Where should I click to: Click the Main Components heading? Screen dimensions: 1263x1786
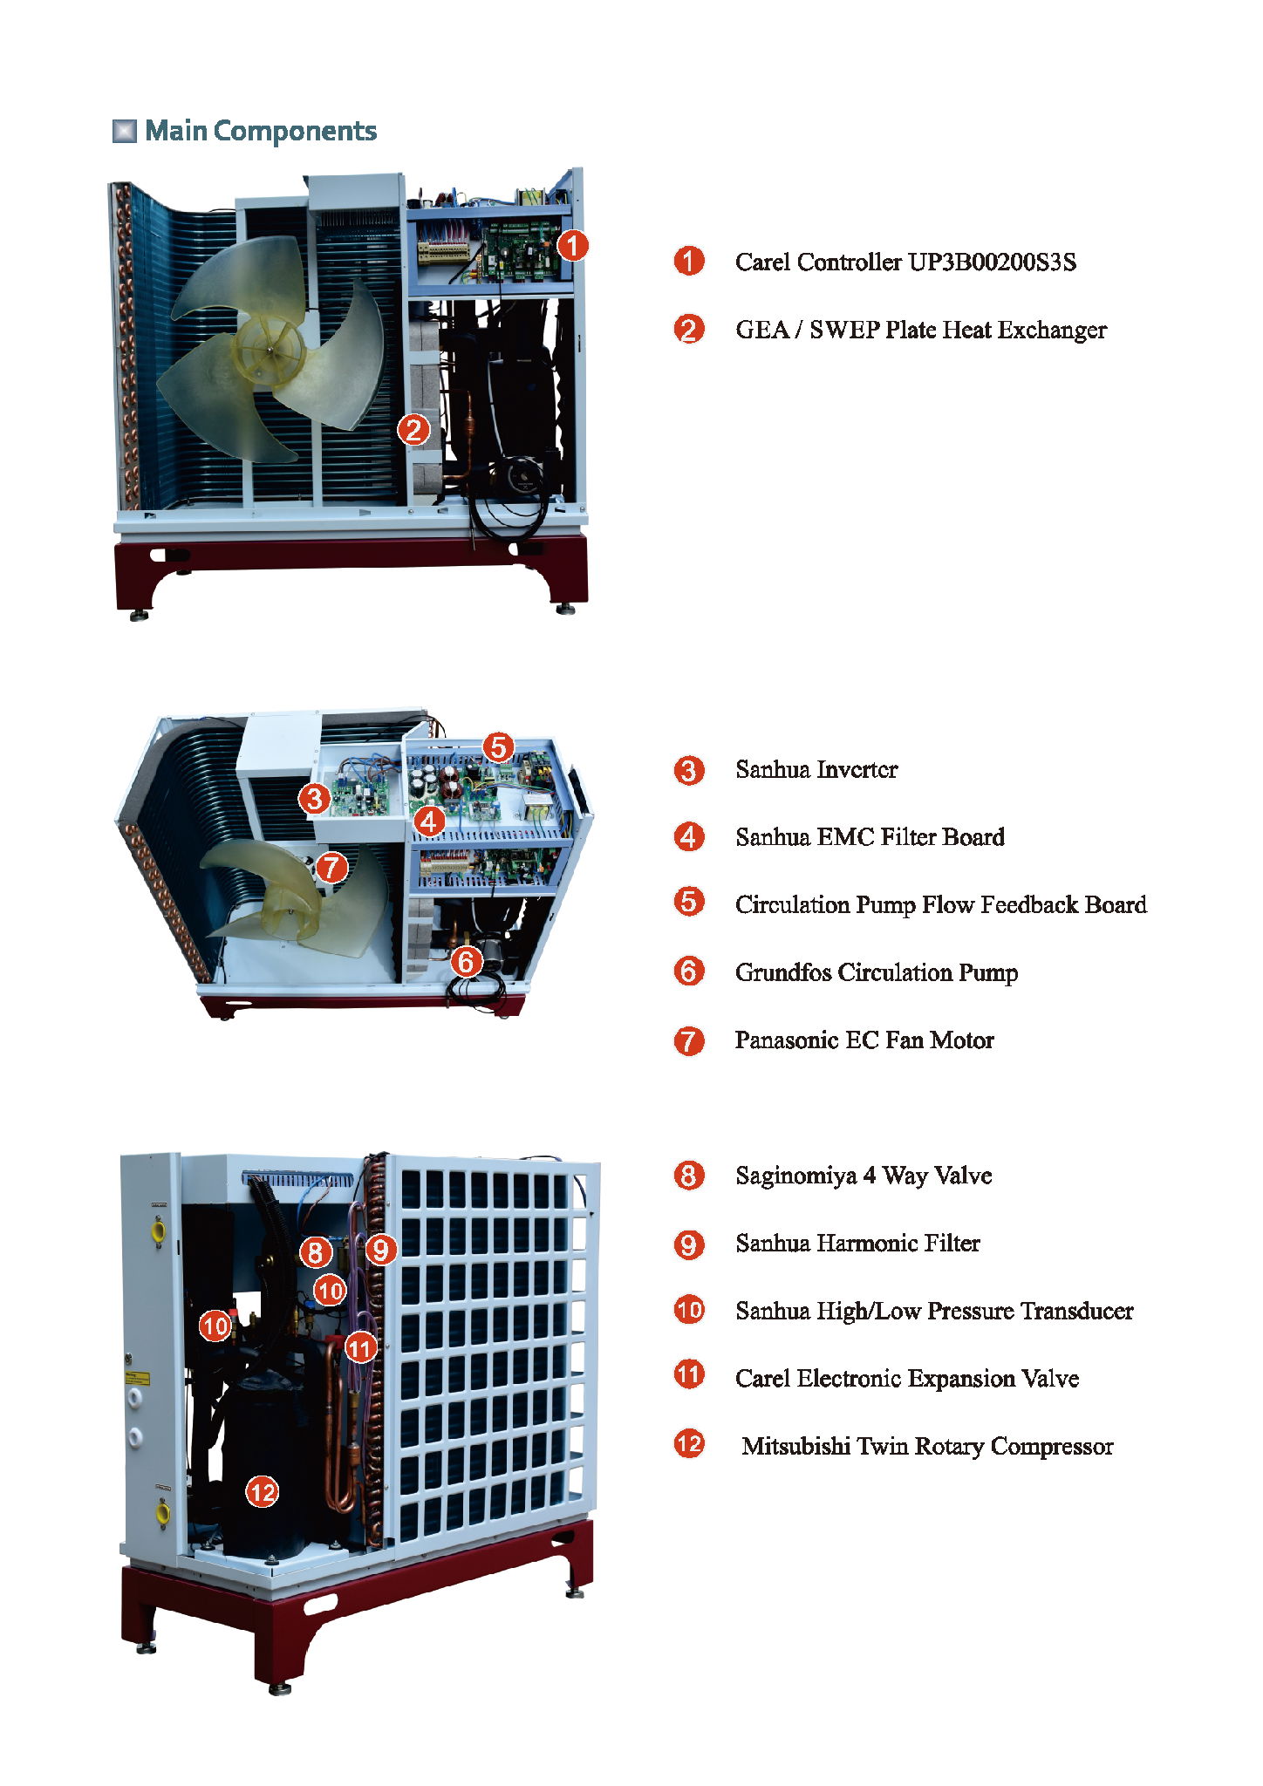click(x=261, y=131)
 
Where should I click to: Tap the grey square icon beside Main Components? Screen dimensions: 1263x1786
click(x=125, y=131)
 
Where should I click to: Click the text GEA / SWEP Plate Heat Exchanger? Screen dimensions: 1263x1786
click(x=920, y=330)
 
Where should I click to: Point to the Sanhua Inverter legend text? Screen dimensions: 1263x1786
click(x=816, y=769)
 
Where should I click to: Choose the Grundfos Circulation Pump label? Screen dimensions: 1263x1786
click(x=877, y=972)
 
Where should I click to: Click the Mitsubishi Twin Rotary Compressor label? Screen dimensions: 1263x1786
click(x=927, y=1446)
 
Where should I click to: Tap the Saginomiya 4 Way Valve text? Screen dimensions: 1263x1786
click(x=864, y=1176)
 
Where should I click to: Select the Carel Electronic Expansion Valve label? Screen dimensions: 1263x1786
click(x=907, y=1378)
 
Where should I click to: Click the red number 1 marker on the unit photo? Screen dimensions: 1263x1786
click(x=572, y=245)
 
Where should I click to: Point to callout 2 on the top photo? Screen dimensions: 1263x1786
click(x=413, y=429)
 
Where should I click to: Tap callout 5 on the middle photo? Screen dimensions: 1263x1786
click(x=498, y=747)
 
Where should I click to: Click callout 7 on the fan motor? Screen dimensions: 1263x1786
click(x=331, y=867)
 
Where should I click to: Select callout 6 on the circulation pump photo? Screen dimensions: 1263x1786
click(x=467, y=961)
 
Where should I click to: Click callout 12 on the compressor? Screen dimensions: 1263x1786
click(x=262, y=1492)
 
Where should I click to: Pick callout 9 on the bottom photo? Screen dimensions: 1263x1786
click(x=380, y=1251)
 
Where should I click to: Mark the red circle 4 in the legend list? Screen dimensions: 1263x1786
click(x=689, y=837)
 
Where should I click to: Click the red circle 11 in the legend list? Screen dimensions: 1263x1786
click(x=689, y=1375)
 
